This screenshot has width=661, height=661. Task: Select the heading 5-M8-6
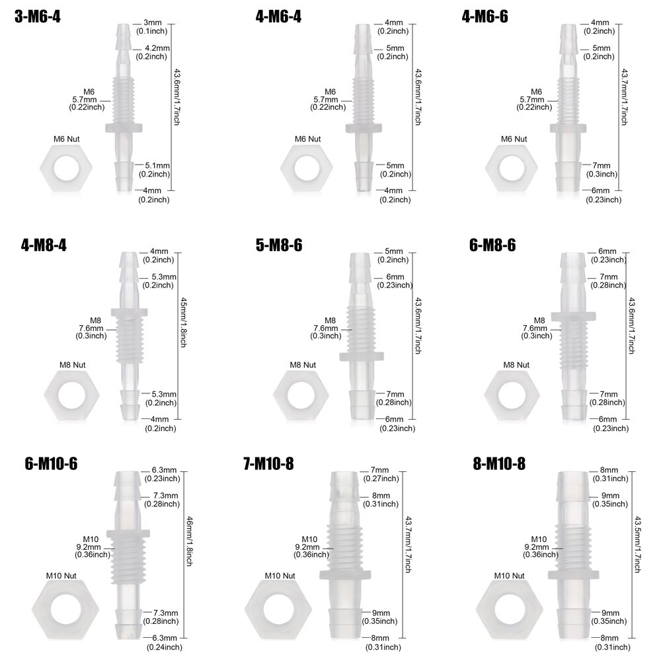point(279,245)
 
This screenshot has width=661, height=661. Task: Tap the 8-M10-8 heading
point(499,464)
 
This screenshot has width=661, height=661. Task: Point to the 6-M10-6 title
point(51,464)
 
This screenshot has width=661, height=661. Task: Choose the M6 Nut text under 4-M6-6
point(514,139)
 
